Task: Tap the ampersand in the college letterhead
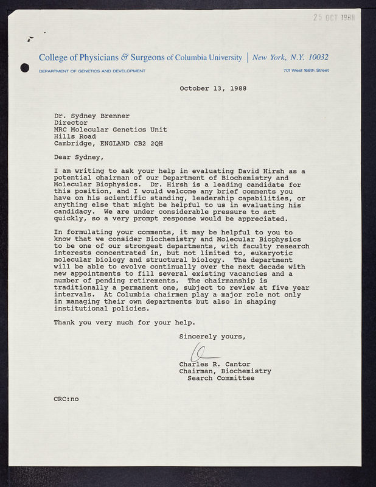[x=125, y=57]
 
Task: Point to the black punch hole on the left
[x=25, y=68]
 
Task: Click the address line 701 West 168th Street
[x=306, y=71]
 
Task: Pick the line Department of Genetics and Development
[x=92, y=71]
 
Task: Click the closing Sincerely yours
[x=212, y=336]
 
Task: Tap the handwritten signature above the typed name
[x=203, y=352]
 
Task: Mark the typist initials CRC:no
[x=66, y=399]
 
